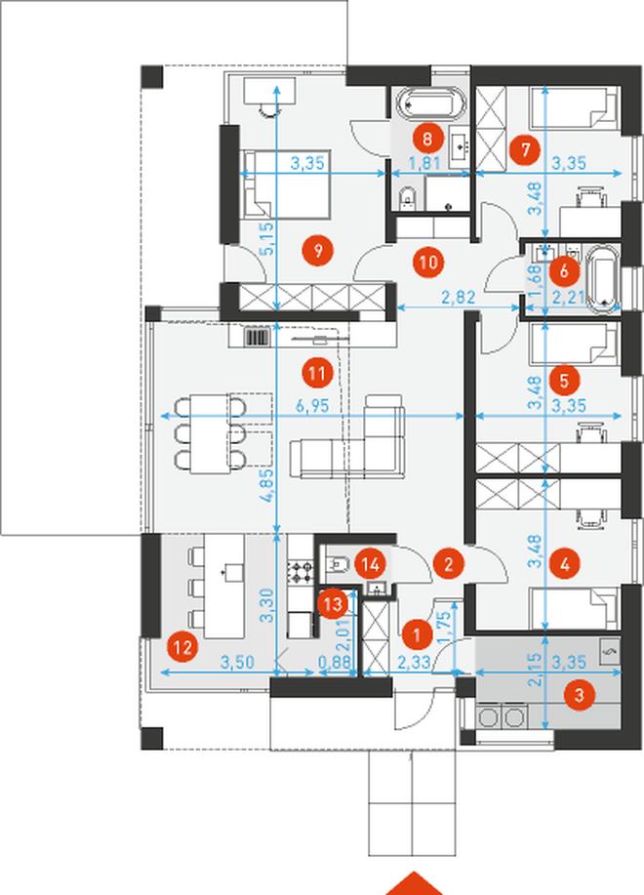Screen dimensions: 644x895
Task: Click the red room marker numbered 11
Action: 317,373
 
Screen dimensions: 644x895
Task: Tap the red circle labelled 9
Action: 318,250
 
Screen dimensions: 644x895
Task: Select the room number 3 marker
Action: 579,695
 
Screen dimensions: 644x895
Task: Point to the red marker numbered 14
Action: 370,564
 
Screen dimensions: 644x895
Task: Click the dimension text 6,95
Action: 312,406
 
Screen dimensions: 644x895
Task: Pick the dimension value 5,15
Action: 268,238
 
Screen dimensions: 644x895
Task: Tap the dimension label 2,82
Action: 458,298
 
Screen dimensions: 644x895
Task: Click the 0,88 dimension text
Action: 334,663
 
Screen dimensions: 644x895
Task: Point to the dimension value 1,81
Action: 426,163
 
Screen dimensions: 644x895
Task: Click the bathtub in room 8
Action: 427,102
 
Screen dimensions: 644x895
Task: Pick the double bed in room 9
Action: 285,183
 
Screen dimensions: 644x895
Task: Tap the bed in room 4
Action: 575,609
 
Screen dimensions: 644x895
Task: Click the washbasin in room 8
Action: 460,148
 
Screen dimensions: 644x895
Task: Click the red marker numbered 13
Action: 333,604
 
